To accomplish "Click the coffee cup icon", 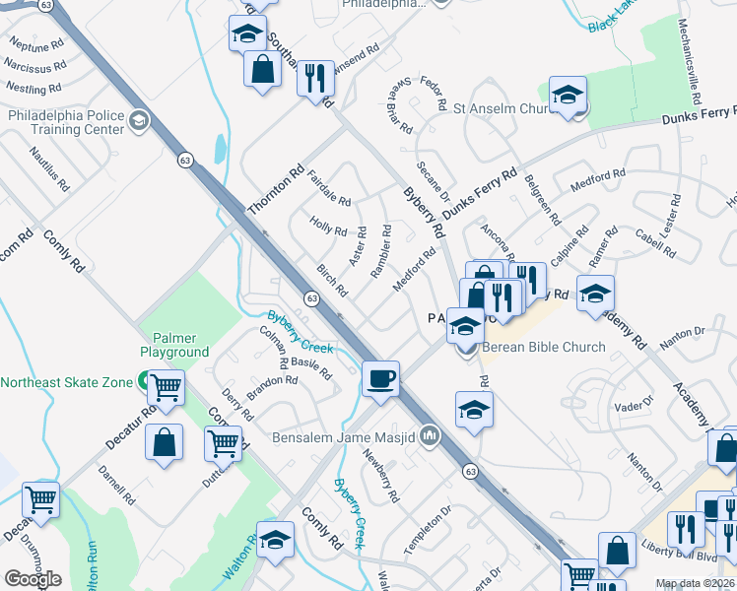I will click(380, 378).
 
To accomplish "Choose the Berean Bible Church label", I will click(543, 347).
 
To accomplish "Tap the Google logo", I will click(33, 579).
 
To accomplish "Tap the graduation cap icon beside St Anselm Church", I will click(568, 96).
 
